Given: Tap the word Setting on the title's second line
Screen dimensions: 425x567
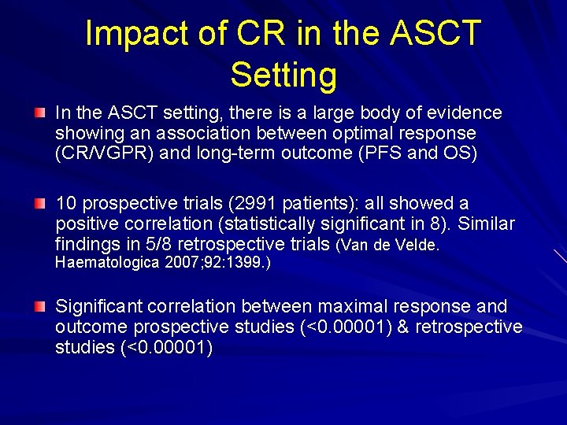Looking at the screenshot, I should [283, 75].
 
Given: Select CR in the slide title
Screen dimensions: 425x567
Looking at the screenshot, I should [252, 34].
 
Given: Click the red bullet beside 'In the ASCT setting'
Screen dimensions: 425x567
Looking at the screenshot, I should [39, 114].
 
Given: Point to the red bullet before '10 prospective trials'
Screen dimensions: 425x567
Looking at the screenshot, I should [39, 205].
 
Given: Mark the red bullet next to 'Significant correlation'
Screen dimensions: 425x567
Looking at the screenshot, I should [39, 307].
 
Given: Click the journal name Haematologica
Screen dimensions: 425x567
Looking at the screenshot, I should [108, 263].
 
